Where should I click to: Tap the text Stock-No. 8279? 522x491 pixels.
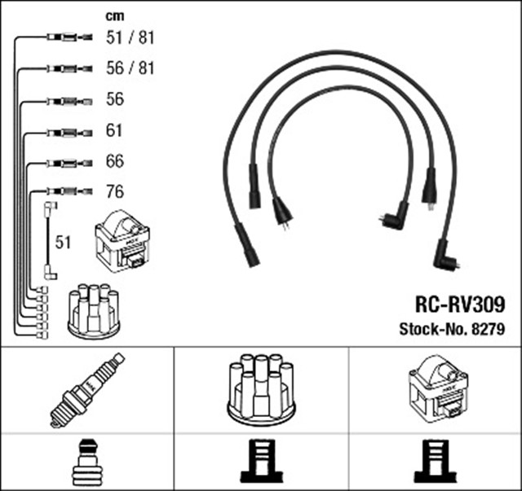click(x=451, y=330)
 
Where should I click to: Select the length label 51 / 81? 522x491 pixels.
click(x=130, y=37)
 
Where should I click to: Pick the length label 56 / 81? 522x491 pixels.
click(x=130, y=68)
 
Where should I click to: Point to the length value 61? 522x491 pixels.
click(x=115, y=130)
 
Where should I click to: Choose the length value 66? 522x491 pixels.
click(x=115, y=161)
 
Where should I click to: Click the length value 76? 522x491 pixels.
click(x=115, y=192)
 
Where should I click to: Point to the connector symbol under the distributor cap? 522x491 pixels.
click(x=261, y=462)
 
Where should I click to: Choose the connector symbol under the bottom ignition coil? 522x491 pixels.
click(x=435, y=462)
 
